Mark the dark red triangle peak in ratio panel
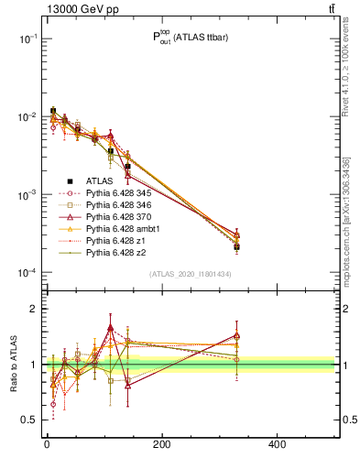pyautogui.click(x=110, y=327)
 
